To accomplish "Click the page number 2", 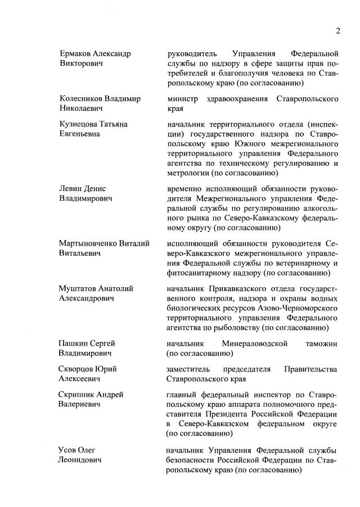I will click(338, 31).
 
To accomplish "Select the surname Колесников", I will click(83, 99).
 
